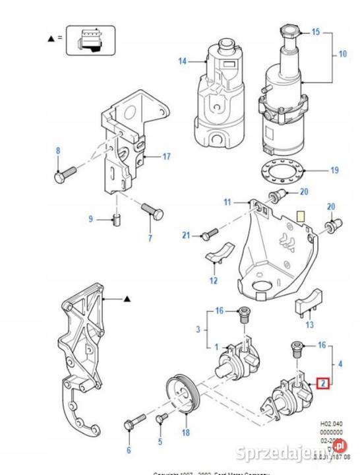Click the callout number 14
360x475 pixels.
click(182, 61)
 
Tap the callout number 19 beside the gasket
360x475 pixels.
click(334, 170)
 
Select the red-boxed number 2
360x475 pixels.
click(323, 382)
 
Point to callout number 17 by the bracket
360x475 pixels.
click(166, 156)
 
